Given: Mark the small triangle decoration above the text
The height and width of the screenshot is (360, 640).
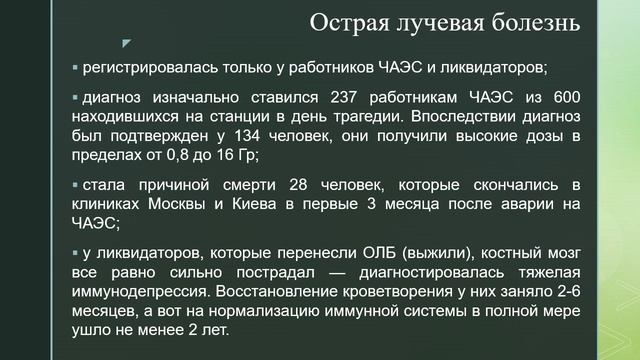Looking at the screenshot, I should coord(126,43).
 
